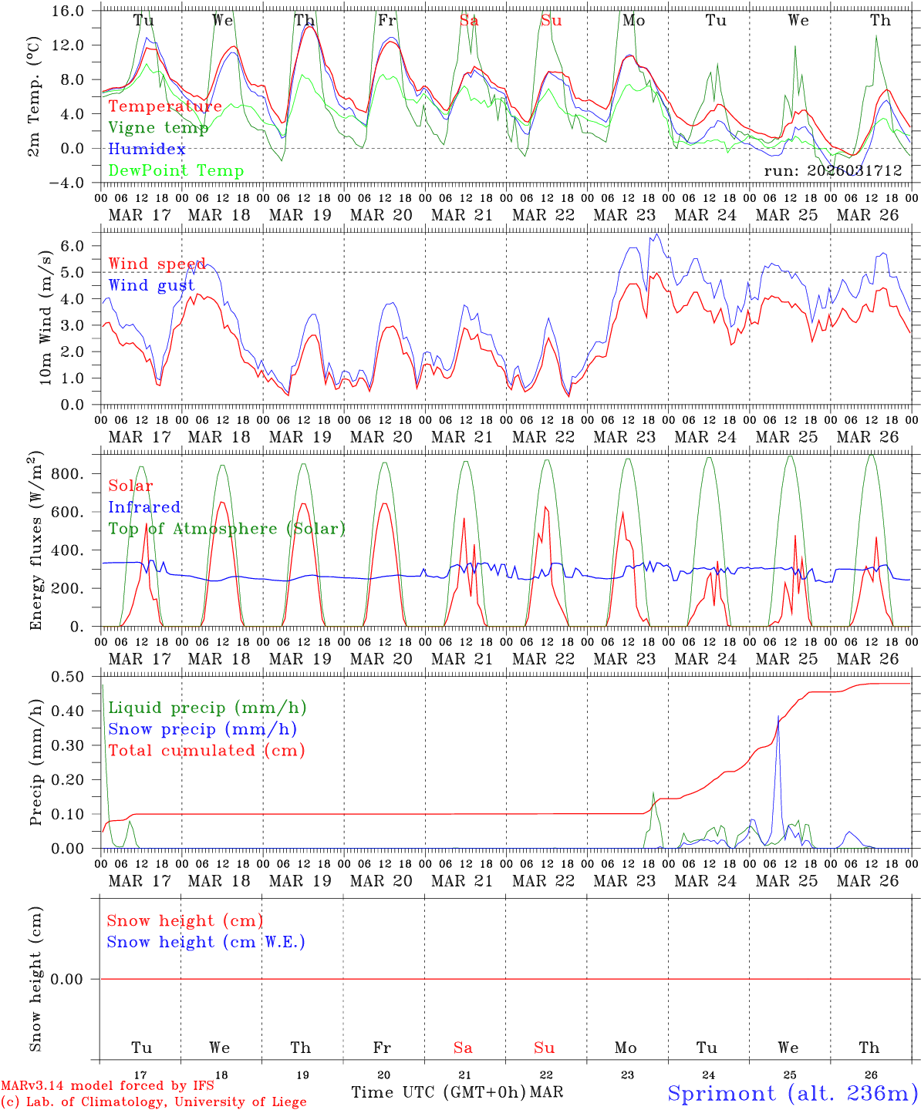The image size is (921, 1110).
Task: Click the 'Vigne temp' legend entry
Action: (x=158, y=128)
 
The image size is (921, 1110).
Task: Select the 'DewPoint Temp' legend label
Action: (x=176, y=171)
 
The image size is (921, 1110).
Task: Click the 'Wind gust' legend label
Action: (x=151, y=286)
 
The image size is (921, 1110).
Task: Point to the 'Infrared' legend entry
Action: (x=144, y=507)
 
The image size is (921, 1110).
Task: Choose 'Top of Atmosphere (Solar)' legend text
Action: (x=227, y=529)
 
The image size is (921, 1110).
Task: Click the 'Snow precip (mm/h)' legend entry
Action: (x=202, y=729)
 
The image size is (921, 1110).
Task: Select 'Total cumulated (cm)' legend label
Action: (x=206, y=751)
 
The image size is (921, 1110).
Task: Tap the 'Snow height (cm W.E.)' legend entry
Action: (x=206, y=942)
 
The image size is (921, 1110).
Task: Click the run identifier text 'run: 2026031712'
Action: (x=833, y=171)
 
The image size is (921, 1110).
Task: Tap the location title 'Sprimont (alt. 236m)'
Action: (x=792, y=1093)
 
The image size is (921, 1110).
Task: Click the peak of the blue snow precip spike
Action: (x=778, y=717)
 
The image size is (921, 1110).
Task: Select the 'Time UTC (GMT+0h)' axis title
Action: (x=438, y=1092)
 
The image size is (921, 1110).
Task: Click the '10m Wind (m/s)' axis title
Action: (x=46, y=317)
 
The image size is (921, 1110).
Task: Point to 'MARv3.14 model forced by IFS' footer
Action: (x=107, y=1086)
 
